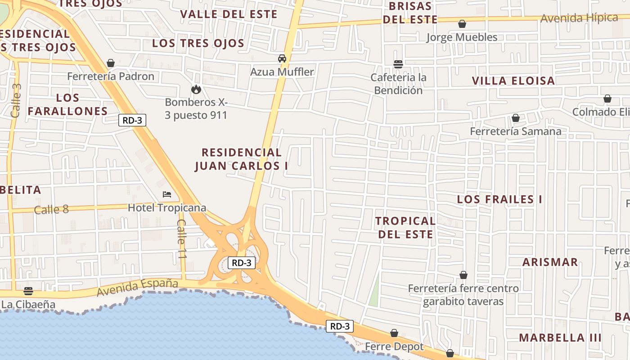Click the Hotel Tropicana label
[x=167, y=208]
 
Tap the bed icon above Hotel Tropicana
[x=167, y=194]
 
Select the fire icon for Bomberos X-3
[x=196, y=89]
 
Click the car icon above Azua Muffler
[x=282, y=58]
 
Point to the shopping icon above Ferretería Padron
[x=111, y=63]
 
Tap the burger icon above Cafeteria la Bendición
[x=398, y=64]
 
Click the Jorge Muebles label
[x=462, y=37]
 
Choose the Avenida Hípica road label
[x=579, y=18]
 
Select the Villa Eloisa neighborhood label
[x=513, y=81]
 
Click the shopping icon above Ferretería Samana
[x=516, y=118]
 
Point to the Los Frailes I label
[x=499, y=199]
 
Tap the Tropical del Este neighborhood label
[x=405, y=227]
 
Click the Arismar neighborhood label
[x=550, y=262]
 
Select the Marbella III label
[x=560, y=337]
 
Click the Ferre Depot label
[x=394, y=346]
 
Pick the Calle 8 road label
[x=51, y=209]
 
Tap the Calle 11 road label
[x=181, y=238]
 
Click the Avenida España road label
[x=137, y=288]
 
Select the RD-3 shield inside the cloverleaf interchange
[x=242, y=263]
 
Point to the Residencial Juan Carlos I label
[x=242, y=159]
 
